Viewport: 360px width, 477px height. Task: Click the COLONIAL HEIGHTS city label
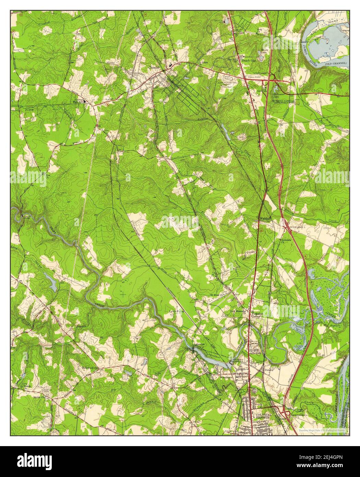(263, 416)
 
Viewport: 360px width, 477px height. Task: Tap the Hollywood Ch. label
(90, 368)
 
